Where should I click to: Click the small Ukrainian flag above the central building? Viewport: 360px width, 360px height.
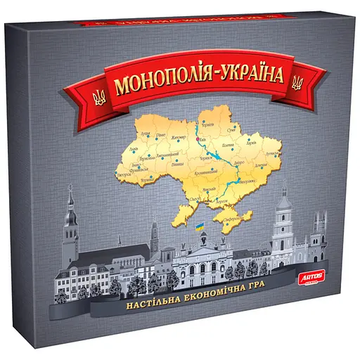point(200,228)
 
